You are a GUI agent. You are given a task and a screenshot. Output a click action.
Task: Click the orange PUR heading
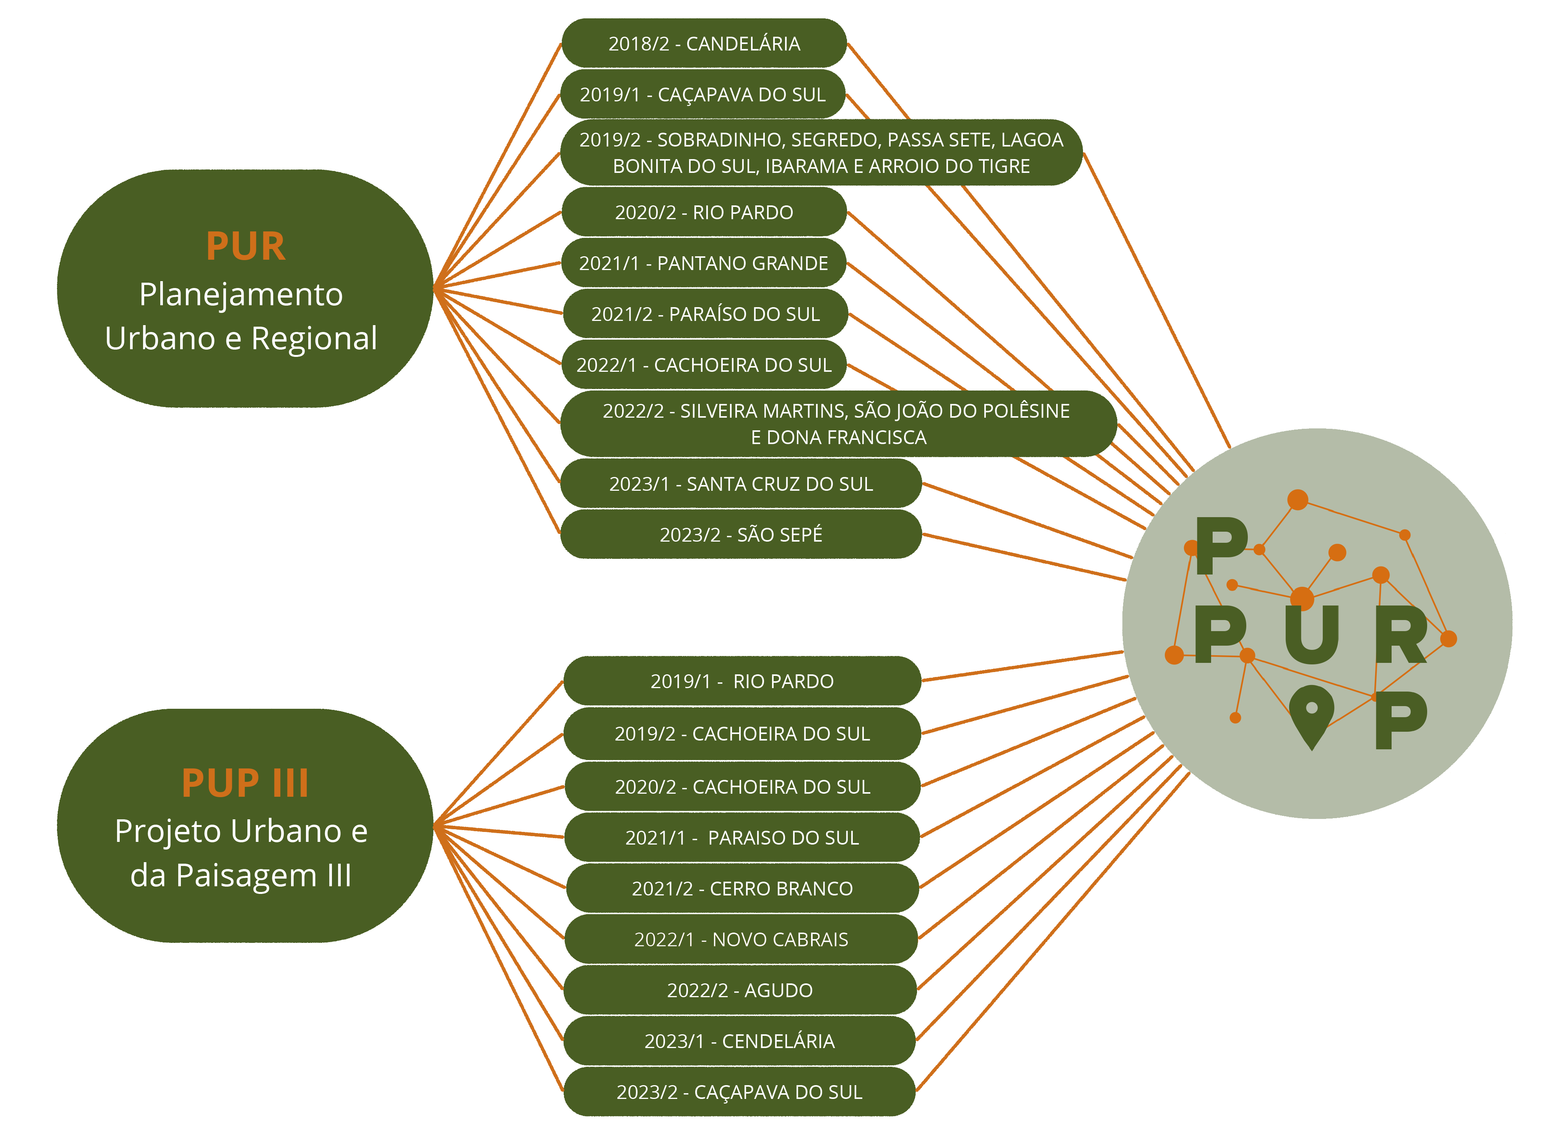(246, 247)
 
